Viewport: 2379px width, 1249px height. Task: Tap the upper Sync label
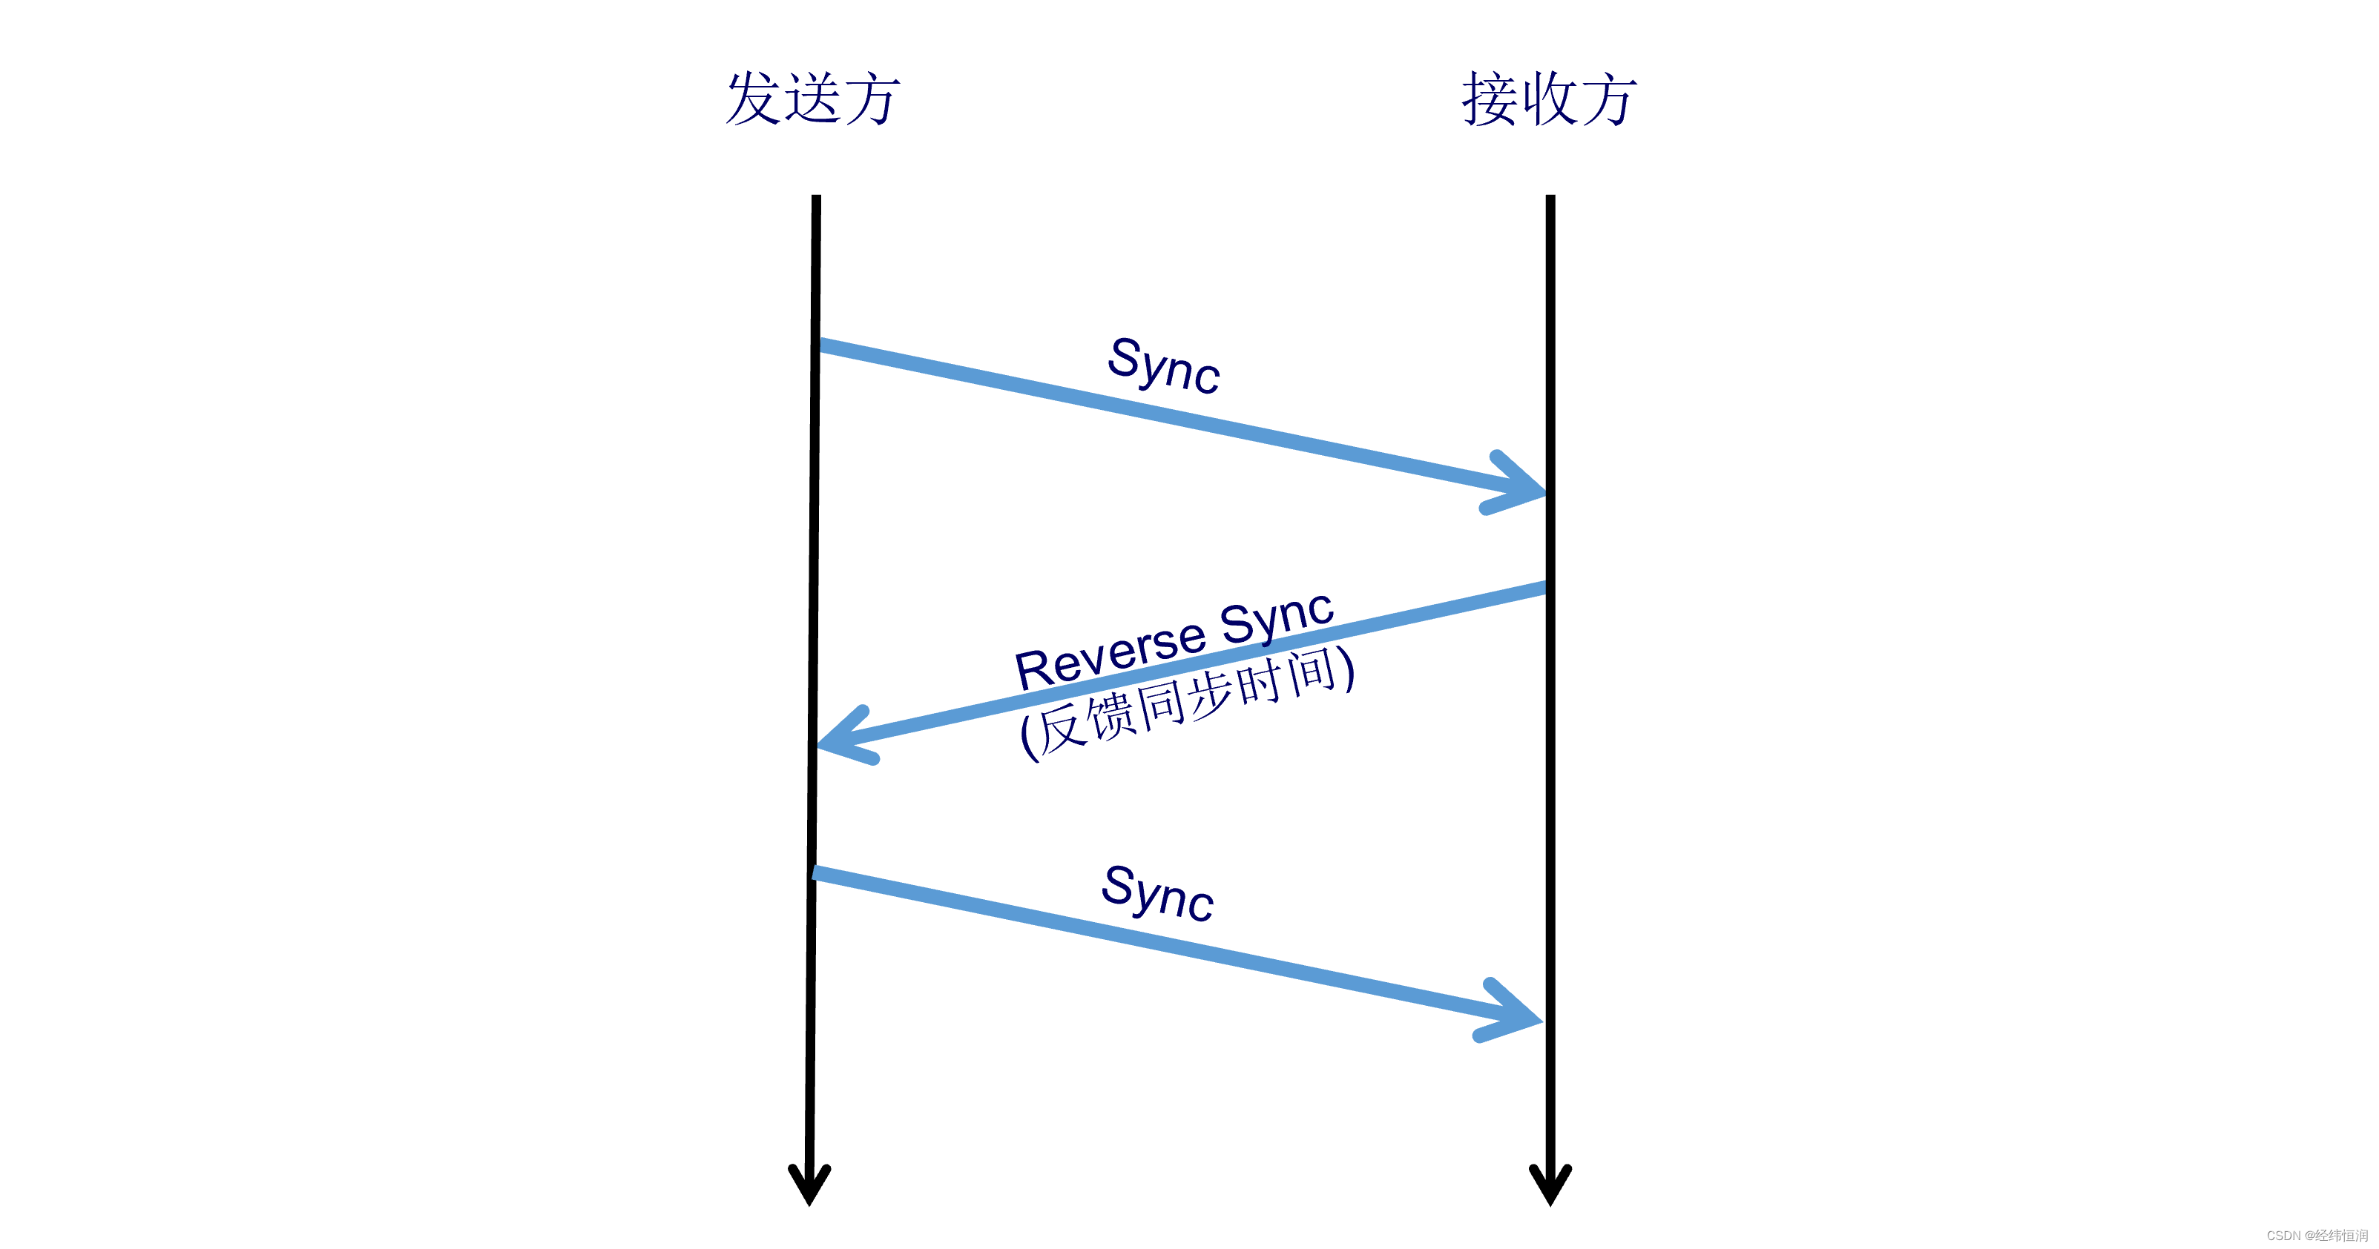coord(1164,365)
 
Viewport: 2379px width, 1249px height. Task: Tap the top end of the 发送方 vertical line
coord(817,199)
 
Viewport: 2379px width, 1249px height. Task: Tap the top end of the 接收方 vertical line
coord(1550,199)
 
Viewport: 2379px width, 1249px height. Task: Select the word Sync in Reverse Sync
coord(1277,617)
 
